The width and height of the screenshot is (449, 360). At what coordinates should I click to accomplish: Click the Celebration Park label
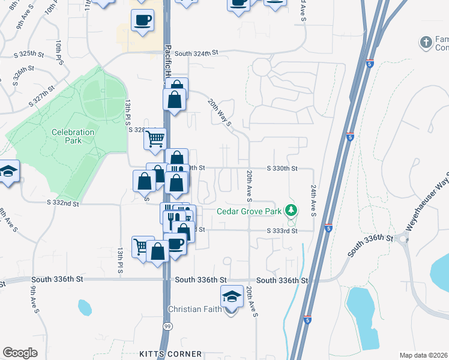tap(73, 136)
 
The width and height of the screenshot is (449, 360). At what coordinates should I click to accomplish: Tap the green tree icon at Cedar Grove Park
tap(291, 210)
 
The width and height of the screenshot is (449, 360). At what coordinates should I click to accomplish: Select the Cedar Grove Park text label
tap(249, 211)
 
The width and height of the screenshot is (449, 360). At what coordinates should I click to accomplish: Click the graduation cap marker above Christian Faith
tap(231, 297)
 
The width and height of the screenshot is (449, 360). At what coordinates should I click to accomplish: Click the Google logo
tap(20, 353)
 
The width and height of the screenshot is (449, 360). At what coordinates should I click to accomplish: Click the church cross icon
tap(426, 42)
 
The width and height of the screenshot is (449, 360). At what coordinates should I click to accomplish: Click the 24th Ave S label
tap(313, 200)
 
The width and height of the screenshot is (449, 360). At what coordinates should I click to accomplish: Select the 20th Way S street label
tap(220, 113)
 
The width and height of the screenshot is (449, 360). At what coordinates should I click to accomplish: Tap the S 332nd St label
tap(63, 203)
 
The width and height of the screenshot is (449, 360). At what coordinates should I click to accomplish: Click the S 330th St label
tap(282, 169)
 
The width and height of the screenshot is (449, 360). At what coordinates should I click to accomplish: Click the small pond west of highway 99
tap(84, 308)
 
